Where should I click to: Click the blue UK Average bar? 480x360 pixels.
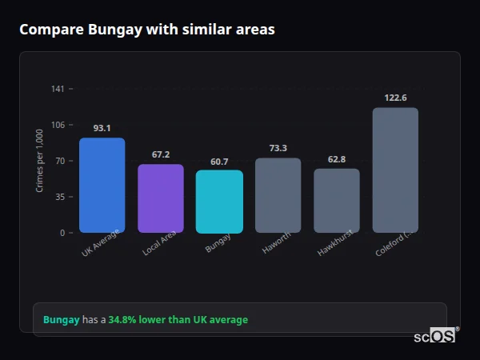102,186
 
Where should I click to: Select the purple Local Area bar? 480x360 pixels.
161,198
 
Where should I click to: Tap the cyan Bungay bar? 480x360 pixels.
219,202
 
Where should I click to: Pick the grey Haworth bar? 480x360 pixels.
278,195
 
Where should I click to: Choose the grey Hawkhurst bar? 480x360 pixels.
337,201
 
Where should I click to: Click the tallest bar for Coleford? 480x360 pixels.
395,170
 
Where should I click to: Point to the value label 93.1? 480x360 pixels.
102,128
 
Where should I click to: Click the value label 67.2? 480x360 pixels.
161,154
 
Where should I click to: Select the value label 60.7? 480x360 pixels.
219,162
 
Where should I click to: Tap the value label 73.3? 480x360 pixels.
278,148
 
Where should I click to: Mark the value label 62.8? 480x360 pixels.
337,159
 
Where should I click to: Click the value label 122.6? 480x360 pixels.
395,98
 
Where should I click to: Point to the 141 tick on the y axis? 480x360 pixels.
58,89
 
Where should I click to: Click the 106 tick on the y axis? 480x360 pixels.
58,125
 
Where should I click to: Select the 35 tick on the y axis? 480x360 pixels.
59,197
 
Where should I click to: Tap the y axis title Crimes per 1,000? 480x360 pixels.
39,161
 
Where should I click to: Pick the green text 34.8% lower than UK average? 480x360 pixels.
178,320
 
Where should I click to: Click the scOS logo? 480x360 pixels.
434,336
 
